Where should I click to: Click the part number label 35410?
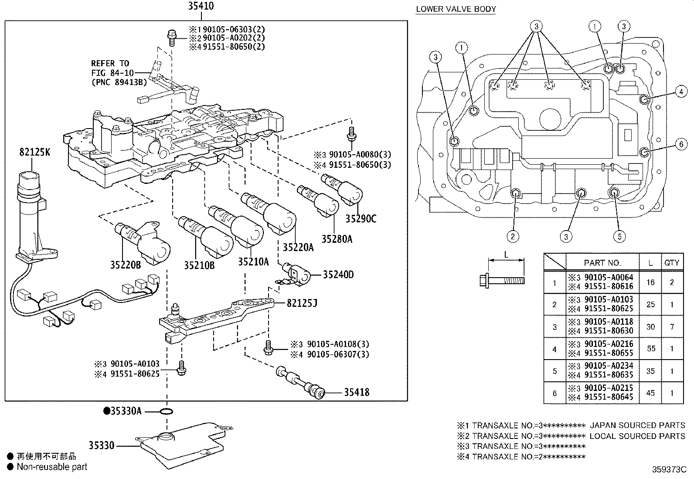201,7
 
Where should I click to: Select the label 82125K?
34,152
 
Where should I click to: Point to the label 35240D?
338,275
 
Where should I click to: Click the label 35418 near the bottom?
356,392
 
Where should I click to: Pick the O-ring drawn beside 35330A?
167,411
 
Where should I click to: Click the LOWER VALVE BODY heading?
456,9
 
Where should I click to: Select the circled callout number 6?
681,144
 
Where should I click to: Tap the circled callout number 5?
619,237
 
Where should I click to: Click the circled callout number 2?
513,237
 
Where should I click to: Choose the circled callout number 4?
681,92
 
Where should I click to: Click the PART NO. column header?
602,262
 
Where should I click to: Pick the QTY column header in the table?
671,262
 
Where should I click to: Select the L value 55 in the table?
650,349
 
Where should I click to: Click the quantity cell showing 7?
671,326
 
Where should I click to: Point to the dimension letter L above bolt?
506,254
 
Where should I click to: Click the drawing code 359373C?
669,470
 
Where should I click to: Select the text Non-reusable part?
52,467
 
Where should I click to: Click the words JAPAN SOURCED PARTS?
637,425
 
